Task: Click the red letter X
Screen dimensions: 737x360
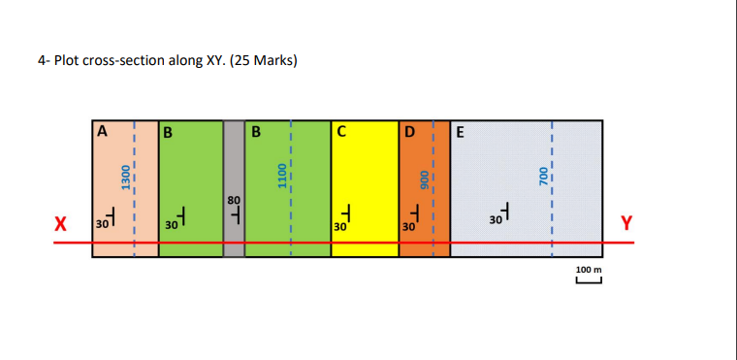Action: point(60,224)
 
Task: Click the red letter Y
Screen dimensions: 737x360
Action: point(625,223)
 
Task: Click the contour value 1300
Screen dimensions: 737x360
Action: point(125,179)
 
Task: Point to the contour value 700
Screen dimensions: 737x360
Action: point(543,176)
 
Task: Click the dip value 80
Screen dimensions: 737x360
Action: point(233,199)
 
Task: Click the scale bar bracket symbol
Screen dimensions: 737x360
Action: point(589,281)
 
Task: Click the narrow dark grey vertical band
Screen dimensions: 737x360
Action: point(234,155)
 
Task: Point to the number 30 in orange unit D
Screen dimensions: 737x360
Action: point(408,226)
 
